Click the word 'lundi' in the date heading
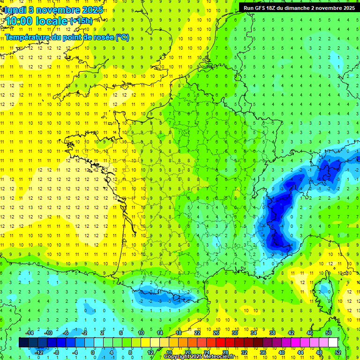[15, 10]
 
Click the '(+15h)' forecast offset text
[81, 21]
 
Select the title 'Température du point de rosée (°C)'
[67, 37]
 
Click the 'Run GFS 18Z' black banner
[299, 7]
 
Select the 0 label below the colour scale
[93, 352]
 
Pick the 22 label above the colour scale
[197, 333]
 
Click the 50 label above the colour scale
[329, 333]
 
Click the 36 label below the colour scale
[263, 352]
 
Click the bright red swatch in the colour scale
[221, 343]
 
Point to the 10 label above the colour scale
[141, 333]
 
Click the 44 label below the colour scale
[300, 352]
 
